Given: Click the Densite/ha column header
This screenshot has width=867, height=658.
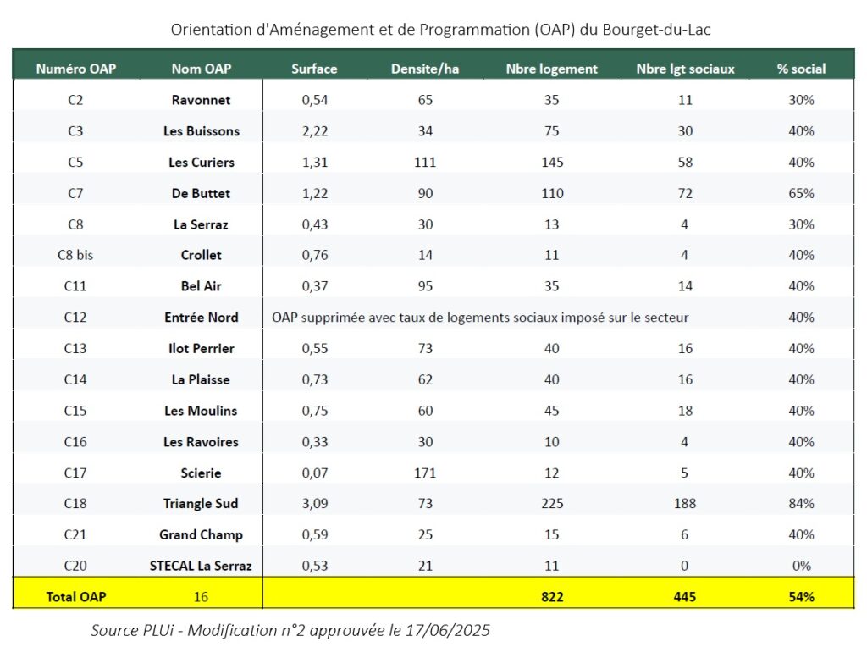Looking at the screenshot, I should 425,69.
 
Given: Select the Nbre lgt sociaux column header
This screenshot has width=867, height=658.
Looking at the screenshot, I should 685,69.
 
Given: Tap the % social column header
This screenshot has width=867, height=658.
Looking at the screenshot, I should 801,69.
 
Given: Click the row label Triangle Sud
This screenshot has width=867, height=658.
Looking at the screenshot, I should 201,504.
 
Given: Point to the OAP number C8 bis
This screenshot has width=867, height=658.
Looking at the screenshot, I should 75,255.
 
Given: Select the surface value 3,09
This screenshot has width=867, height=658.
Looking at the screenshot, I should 314,504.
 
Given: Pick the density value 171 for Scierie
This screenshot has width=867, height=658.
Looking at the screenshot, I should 425,473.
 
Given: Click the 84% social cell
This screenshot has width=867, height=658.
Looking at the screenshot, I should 801,504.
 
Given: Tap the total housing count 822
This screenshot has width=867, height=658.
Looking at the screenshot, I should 552,597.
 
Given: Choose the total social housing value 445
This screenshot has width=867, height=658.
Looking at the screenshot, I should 685,597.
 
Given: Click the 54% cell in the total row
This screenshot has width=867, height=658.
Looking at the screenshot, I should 801,597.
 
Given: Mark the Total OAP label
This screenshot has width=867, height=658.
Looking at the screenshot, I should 75,597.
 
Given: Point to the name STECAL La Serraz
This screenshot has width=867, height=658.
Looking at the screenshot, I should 201,566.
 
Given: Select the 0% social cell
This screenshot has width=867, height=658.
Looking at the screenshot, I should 801,566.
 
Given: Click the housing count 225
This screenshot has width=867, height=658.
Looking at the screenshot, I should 552,504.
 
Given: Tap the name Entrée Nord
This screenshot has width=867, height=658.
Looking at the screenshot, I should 201,318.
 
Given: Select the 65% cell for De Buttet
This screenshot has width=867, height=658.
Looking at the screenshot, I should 801,193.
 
